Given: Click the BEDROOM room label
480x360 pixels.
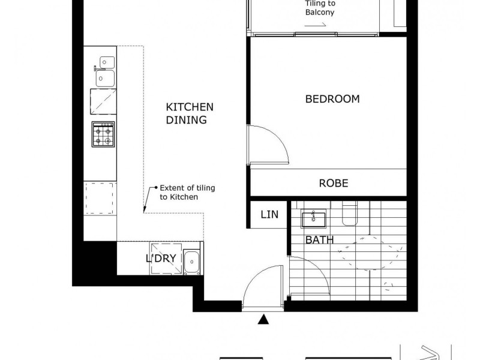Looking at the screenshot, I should [x=332, y=99].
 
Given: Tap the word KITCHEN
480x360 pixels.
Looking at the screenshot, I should [x=190, y=107].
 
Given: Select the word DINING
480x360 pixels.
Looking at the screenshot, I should [x=187, y=120].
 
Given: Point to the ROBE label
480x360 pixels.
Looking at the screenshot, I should [x=333, y=184].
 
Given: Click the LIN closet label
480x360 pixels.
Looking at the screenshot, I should [x=269, y=214].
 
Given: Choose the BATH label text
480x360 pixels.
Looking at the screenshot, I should [x=320, y=241].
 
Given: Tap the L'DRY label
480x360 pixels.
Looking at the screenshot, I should [x=160, y=259].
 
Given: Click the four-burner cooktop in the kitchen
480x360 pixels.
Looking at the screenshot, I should [x=103, y=134].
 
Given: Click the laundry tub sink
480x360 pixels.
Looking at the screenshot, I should [x=191, y=261].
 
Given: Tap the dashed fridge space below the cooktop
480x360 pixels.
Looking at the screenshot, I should [x=99, y=197].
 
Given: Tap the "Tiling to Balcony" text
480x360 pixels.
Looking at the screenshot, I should [x=319, y=8].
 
